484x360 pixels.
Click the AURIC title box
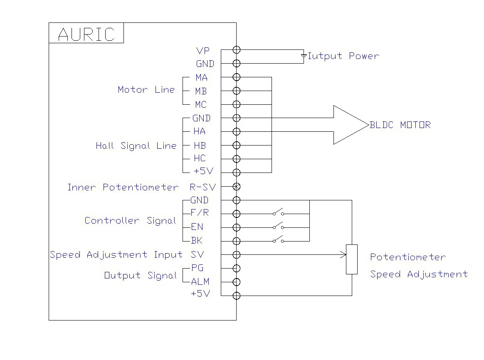click(86, 33)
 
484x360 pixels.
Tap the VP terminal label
click(203, 51)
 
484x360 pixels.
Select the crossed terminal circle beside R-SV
click(237, 186)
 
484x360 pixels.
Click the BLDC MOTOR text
click(400, 125)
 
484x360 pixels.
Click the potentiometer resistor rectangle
click(352, 259)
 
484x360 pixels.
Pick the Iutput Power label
click(343, 56)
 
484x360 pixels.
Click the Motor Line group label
click(146, 90)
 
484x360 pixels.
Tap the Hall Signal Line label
click(136, 146)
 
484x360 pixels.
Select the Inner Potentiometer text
click(123, 187)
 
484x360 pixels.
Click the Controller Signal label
click(130, 220)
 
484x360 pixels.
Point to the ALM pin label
click(200, 282)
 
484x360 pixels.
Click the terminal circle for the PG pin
click(237, 268)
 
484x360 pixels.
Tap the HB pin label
click(200, 145)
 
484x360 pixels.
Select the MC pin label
click(201, 105)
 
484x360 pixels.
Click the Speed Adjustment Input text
click(116, 254)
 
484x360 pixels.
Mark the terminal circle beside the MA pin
click(237, 77)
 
